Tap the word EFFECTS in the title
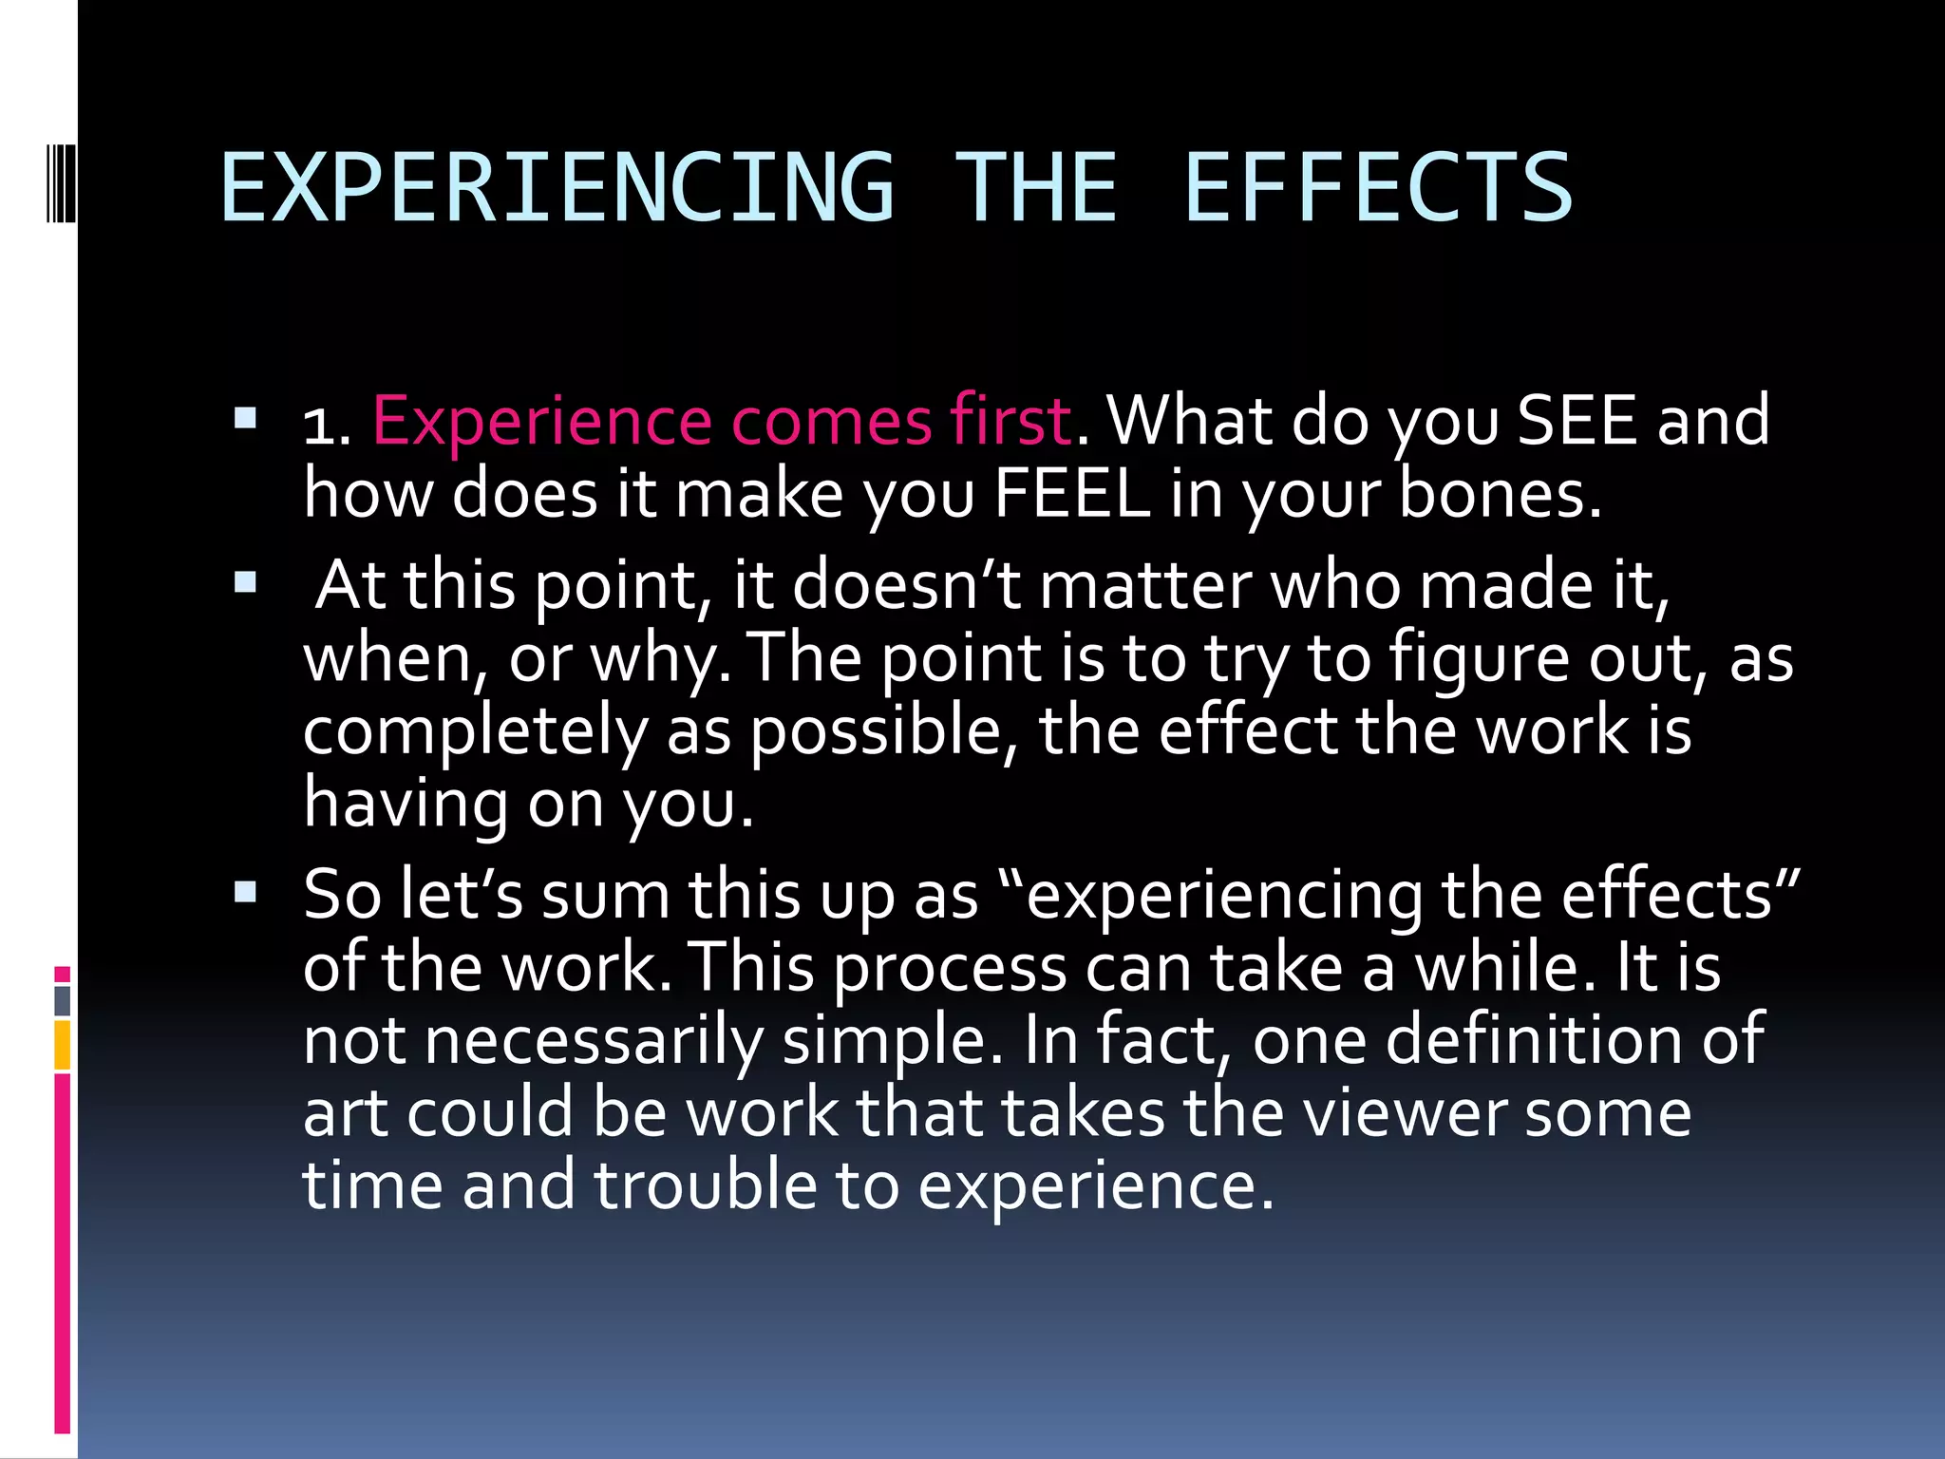pyautogui.click(x=1378, y=188)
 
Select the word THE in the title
pyautogui.click(x=1037, y=188)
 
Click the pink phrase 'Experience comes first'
pyautogui.click(x=722, y=421)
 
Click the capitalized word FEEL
pyautogui.click(x=1072, y=494)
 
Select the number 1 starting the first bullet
pyautogui.click(x=320, y=425)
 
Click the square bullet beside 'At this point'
pyautogui.click(x=245, y=581)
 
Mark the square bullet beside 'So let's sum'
pyautogui.click(x=245, y=891)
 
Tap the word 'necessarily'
pyautogui.click(x=594, y=1040)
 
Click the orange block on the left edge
pyautogui.click(x=63, y=1045)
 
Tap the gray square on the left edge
pyautogui.click(x=63, y=1000)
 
